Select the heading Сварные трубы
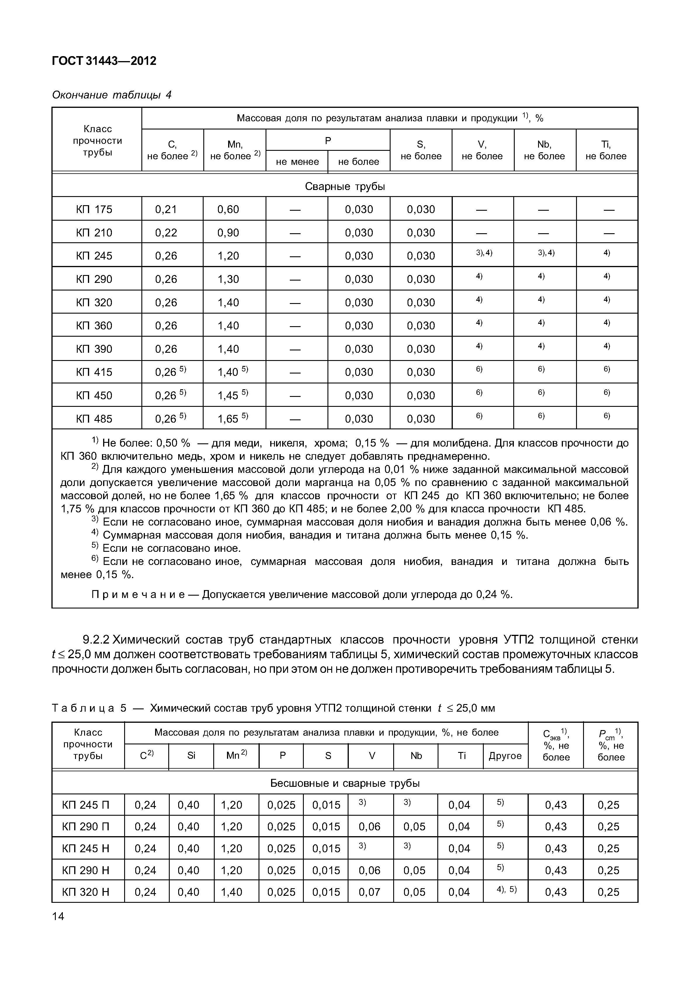pyautogui.click(x=345, y=186)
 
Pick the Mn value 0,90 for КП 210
pyautogui.click(x=228, y=233)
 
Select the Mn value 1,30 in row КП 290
pyautogui.click(x=228, y=279)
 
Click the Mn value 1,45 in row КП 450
pyautogui.click(x=228, y=395)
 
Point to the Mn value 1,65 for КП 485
pyautogui.click(x=228, y=419)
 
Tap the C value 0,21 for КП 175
pyautogui.click(x=166, y=209)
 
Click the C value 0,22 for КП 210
pyautogui.click(x=166, y=233)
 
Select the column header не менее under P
pyautogui.click(x=297, y=161)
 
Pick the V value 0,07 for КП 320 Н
pyautogui.click(x=369, y=892)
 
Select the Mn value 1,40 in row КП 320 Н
pyautogui.click(x=231, y=892)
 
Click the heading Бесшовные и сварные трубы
pyautogui.click(x=345, y=783)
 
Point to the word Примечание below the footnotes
pyautogui.click(x=138, y=595)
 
